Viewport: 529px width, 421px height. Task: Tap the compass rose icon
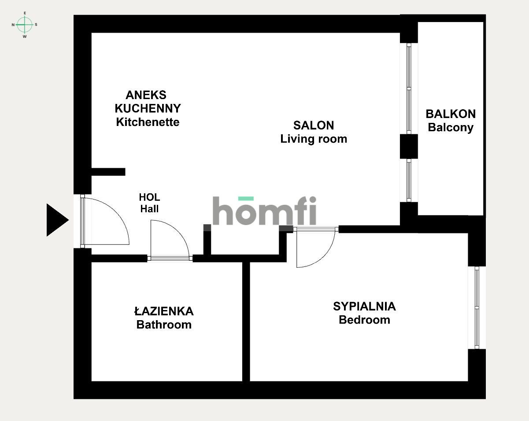[x=25, y=25]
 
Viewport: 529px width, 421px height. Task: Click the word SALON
[x=314, y=126]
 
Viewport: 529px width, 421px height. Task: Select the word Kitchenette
[x=148, y=122]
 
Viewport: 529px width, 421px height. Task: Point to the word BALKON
[x=451, y=114]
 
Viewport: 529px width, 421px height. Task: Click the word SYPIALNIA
[x=364, y=307]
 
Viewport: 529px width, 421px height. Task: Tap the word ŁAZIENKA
[x=164, y=311]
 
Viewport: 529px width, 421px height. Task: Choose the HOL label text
[x=149, y=197]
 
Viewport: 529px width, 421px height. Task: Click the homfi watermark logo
[x=264, y=210]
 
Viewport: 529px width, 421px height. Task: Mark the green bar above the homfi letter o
[x=246, y=198]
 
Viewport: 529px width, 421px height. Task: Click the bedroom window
[x=477, y=307]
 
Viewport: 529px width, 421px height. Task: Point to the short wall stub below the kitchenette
[x=108, y=172]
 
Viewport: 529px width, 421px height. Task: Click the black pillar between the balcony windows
[x=409, y=146]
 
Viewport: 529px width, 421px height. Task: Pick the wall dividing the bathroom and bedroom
[x=246, y=321]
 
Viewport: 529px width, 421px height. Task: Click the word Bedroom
[x=364, y=320]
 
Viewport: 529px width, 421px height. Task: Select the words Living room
[x=314, y=139]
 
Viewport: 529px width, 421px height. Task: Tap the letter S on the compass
[x=36, y=25]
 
